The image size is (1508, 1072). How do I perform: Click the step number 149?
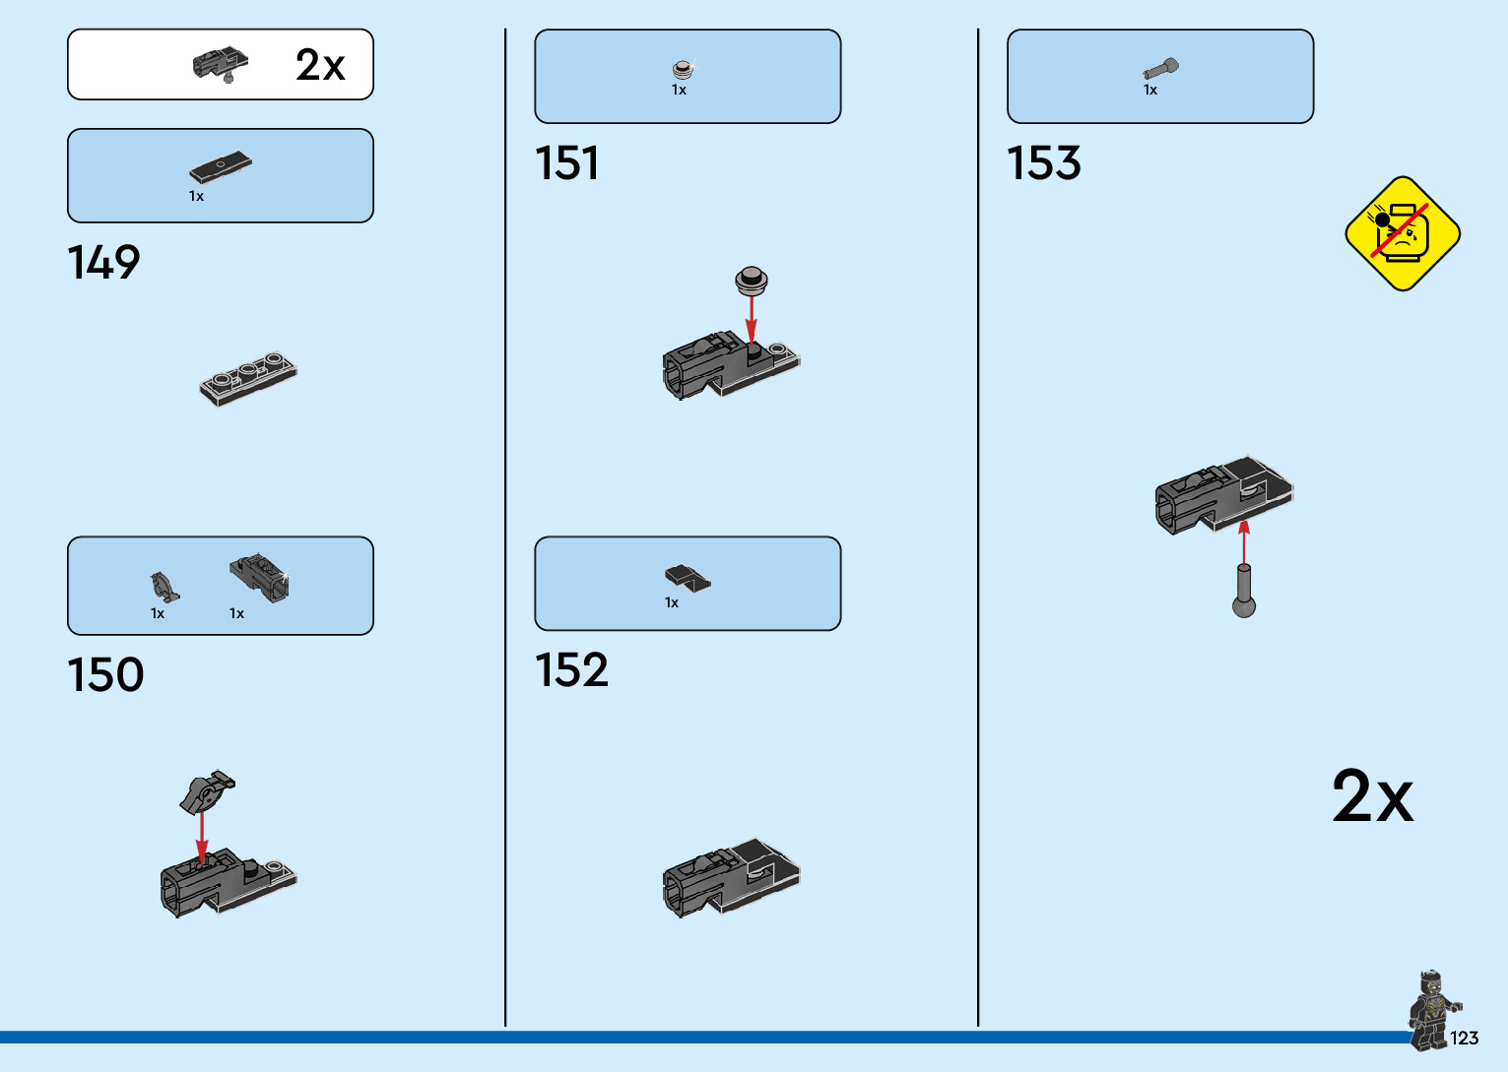tap(103, 263)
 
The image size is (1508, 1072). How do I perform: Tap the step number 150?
tap(105, 675)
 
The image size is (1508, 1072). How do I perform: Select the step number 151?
tap(566, 163)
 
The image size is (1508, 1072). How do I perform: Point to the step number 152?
tap(571, 670)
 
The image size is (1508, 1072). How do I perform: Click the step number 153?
tap(1043, 163)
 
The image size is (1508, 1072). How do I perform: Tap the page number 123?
tap(1464, 1039)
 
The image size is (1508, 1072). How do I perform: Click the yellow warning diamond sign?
tap(1402, 234)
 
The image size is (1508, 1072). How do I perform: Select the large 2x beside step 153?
tap(1372, 796)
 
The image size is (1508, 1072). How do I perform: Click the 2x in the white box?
tap(320, 66)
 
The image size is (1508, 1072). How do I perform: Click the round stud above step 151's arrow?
tap(752, 281)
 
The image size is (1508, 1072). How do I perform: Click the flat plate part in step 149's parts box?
tap(221, 167)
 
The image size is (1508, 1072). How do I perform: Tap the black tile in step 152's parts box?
tap(687, 578)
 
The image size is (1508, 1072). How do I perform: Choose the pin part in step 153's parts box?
tap(1160, 69)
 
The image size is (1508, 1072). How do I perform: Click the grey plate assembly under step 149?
tap(248, 379)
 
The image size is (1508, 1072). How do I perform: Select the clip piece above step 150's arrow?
tap(206, 791)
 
